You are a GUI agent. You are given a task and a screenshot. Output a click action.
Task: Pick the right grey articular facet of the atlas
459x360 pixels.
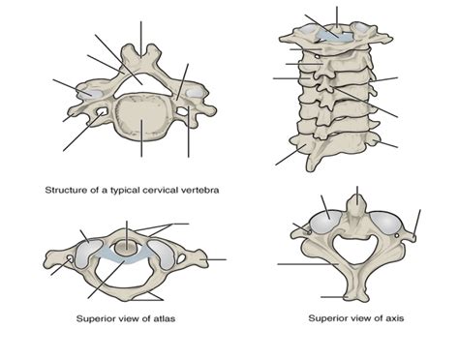coord(165,254)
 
